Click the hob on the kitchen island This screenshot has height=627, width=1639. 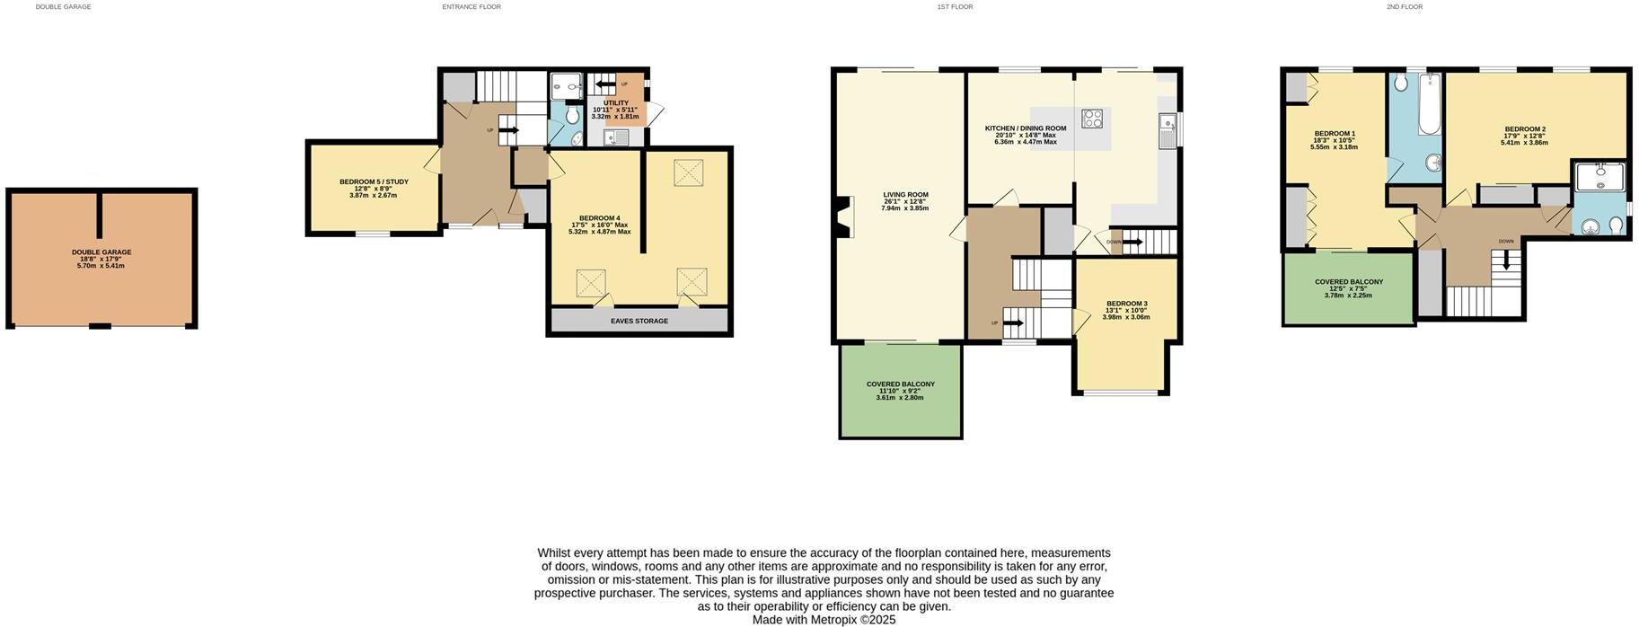(x=1092, y=119)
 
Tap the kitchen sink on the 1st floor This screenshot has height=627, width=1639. (x=1167, y=131)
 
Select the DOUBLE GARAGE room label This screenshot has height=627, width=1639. (x=101, y=252)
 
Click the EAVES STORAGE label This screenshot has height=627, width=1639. (x=639, y=321)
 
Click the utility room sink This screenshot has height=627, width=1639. (x=616, y=137)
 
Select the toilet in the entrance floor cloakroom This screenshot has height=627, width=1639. (x=575, y=138)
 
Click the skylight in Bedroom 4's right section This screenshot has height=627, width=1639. (x=689, y=172)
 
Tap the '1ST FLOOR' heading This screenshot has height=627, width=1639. (x=955, y=7)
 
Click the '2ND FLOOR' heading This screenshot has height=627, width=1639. (x=1404, y=7)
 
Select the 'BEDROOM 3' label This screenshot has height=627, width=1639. (x=1126, y=304)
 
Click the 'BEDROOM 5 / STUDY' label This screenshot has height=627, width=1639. (x=373, y=182)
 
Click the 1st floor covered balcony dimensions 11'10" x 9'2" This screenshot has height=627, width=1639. (x=900, y=391)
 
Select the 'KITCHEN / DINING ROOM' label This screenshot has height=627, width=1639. (x=1025, y=128)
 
